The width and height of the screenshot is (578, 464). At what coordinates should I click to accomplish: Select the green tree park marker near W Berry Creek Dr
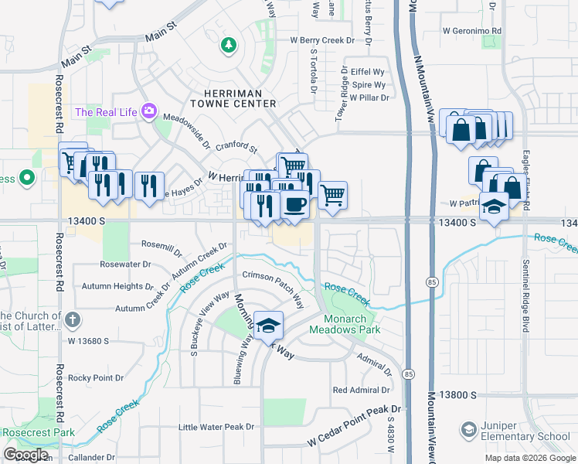click(x=228, y=46)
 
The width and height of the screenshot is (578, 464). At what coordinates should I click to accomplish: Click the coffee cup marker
click(x=296, y=204)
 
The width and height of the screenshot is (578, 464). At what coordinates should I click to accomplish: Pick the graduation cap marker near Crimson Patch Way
click(x=268, y=326)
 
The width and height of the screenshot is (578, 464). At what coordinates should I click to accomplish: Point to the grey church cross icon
click(x=72, y=319)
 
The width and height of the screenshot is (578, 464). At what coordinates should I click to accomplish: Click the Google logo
click(x=25, y=454)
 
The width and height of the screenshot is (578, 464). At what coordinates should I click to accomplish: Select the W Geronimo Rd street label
click(x=472, y=31)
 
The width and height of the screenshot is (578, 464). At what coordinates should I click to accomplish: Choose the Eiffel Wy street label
click(x=368, y=70)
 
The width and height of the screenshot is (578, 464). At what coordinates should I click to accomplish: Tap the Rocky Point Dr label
click(x=97, y=377)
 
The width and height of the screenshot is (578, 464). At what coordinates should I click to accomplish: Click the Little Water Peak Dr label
click(x=216, y=427)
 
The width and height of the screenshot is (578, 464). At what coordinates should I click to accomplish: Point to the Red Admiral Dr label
click(x=362, y=390)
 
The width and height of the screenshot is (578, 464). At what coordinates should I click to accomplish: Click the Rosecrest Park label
click(x=38, y=432)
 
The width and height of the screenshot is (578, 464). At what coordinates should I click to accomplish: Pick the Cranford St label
click(x=236, y=146)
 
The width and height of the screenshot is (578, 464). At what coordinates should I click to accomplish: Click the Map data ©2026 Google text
click(x=529, y=458)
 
